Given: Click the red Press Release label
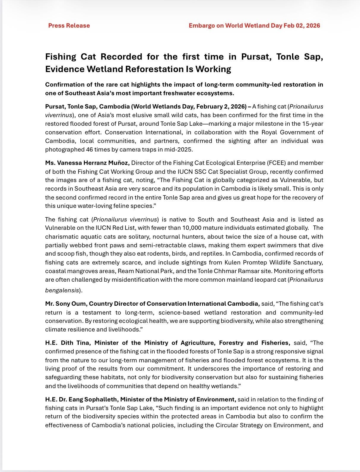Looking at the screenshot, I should pyautogui.click(x=69, y=25).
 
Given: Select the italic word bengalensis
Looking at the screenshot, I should pyautogui.click(x=62, y=290).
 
